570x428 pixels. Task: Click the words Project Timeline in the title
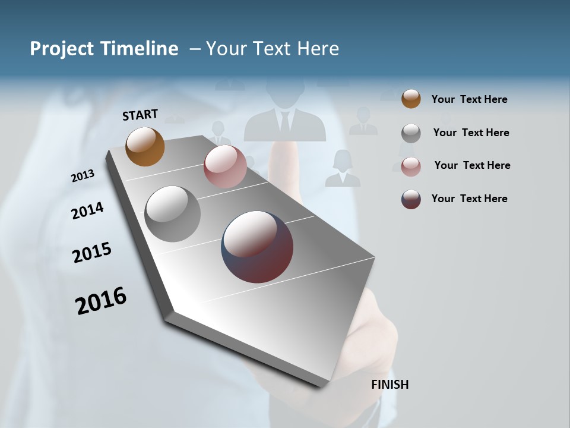pyautogui.click(x=104, y=49)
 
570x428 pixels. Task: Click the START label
pyautogui.click(x=140, y=115)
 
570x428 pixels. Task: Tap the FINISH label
pyautogui.click(x=389, y=385)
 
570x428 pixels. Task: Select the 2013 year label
pyautogui.click(x=83, y=176)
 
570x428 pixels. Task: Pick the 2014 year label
pyautogui.click(x=87, y=210)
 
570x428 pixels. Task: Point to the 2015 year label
pyautogui.click(x=92, y=253)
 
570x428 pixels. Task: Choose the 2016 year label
pyautogui.click(x=101, y=300)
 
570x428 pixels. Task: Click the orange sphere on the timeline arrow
pyautogui.click(x=145, y=146)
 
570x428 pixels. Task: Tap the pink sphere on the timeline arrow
pyautogui.click(x=225, y=166)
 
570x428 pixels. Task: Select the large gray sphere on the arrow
pyautogui.click(x=173, y=214)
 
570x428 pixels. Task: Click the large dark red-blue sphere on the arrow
pyautogui.click(x=257, y=246)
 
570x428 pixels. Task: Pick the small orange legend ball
pyautogui.click(x=411, y=99)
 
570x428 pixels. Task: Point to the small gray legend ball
pyautogui.click(x=411, y=133)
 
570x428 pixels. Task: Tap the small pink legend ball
pyautogui.click(x=411, y=166)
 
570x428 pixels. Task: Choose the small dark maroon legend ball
pyautogui.click(x=411, y=199)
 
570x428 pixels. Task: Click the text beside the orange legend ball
pyautogui.click(x=469, y=99)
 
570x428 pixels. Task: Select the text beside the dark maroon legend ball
pyautogui.click(x=469, y=199)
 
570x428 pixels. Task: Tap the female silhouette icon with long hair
pyautogui.click(x=343, y=169)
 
